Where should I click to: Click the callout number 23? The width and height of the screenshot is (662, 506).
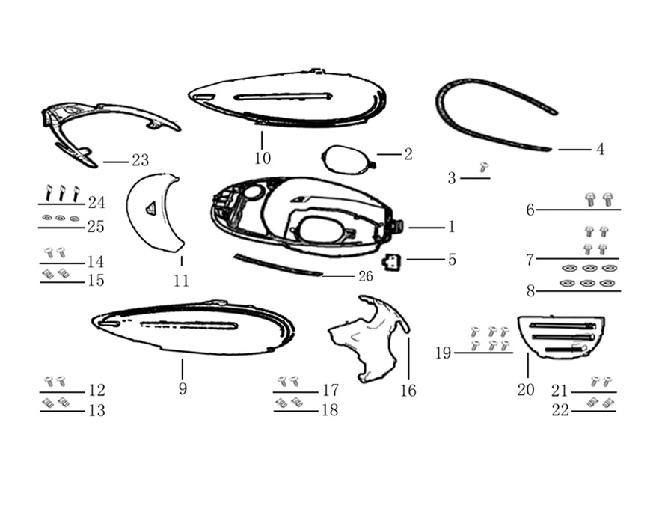point(140,160)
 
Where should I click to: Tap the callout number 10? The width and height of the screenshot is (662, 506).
point(263,159)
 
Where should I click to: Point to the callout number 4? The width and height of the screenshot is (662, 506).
point(601,149)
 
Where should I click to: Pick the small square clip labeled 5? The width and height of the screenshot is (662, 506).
point(392,262)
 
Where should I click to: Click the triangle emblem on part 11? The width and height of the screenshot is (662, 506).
point(151,208)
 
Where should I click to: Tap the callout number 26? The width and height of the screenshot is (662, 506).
point(366,277)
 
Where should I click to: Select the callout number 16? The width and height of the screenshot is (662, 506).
point(408,391)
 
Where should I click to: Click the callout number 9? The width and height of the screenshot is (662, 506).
point(183,388)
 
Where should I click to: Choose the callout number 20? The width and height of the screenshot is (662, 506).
point(526,390)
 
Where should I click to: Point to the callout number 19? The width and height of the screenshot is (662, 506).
point(444,353)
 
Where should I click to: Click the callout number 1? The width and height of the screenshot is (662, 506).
point(452,227)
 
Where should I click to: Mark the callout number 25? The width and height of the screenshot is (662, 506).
point(96,227)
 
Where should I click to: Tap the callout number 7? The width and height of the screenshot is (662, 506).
point(530,260)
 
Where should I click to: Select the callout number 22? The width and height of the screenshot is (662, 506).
point(561,410)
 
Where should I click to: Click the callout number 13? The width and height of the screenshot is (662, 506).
point(96,410)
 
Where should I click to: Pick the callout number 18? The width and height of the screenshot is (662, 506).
point(330,410)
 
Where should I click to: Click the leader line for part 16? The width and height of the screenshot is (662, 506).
point(408,358)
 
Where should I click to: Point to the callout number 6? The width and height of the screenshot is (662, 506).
point(530,210)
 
